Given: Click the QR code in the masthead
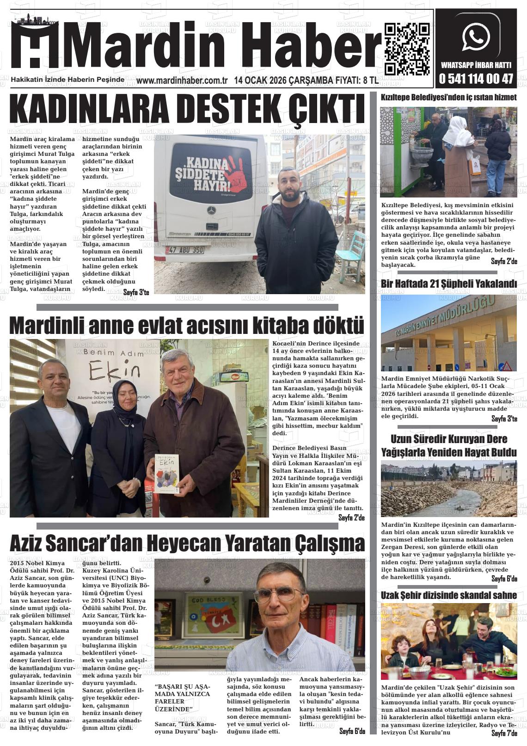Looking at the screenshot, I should tap(407, 49).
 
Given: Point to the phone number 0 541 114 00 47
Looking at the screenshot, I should tap(476, 79).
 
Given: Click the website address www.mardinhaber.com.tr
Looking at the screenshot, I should tap(182, 81).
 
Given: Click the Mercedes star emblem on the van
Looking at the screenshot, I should tap(212, 211).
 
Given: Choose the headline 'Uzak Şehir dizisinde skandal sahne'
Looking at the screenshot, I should tap(448, 595).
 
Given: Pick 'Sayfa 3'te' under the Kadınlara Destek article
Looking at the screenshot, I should tap(136, 292).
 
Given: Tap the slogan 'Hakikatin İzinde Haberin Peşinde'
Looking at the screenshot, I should tap(67, 80).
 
